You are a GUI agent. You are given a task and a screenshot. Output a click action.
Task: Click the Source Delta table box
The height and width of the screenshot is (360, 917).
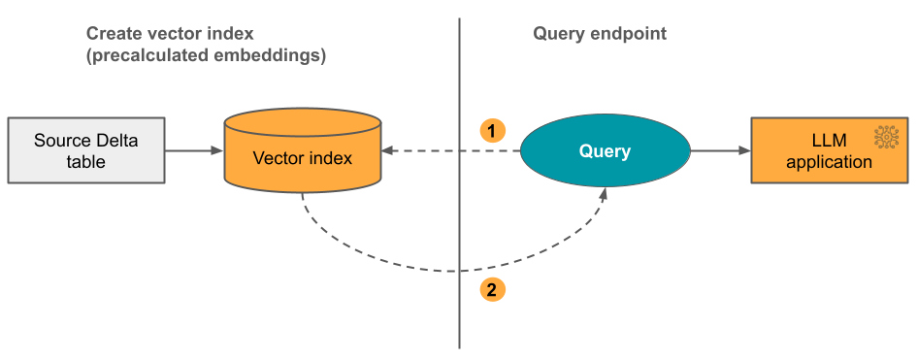click(x=85, y=150)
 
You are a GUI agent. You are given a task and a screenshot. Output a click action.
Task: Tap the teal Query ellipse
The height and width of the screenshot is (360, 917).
click(x=605, y=150)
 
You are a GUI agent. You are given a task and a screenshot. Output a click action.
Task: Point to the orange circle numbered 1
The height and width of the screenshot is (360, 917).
click(x=493, y=129)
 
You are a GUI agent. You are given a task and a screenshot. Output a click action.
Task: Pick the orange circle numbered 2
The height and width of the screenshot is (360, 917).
click(x=493, y=288)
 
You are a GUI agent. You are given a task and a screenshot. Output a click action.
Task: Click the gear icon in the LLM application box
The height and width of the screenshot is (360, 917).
click(x=885, y=137)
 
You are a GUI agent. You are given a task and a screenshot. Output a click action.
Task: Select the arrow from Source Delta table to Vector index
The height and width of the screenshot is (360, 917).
click(x=194, y=150)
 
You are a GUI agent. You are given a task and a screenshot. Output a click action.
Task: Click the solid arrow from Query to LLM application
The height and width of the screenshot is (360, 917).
click(x=720, y=150)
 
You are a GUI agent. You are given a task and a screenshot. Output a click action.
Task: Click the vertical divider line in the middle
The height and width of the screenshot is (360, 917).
click(x=458, y=194)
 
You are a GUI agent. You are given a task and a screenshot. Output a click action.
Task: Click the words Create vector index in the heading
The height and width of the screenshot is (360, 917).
click(x=170, y=34)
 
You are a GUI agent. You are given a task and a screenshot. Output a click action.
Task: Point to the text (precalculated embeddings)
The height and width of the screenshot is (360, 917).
click(x=206, y=55)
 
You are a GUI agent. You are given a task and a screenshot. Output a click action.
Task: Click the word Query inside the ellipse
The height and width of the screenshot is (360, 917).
click(x=605, y=151)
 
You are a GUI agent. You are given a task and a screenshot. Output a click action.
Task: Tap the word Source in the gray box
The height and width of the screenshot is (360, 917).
click(x=57, y=141)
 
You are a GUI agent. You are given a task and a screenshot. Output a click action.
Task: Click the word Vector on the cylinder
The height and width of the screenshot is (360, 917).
click(x=276, y=157)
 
